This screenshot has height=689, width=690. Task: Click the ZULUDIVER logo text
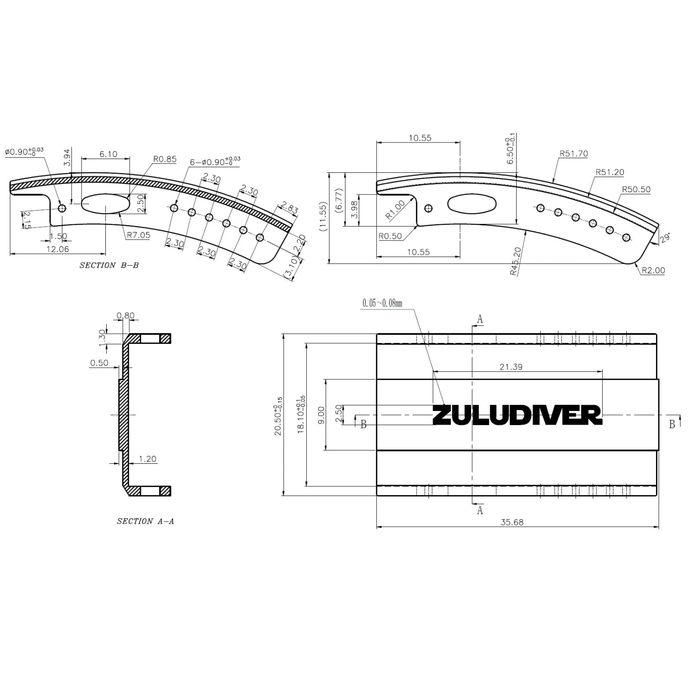[517, 415]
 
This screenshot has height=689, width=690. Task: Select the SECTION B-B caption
[109, 265]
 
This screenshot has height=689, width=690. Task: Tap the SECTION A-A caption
[145, 521]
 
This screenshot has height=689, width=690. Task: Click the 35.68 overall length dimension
[512, 522]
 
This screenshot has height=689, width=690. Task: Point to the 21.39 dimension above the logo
[511, 367]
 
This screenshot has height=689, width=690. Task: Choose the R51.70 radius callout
[574, 154]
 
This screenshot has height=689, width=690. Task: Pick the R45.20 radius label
[516, 261]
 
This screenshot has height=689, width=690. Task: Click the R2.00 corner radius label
[653, 270]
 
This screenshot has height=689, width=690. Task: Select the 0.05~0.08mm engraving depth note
[382, 303]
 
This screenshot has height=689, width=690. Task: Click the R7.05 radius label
[138, 235]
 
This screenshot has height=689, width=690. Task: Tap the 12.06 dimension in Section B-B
[58, 249]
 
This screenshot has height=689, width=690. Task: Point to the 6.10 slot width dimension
[108, 154]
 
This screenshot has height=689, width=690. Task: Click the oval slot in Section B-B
[105, 203]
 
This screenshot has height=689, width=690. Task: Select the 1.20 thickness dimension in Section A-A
[147, 459]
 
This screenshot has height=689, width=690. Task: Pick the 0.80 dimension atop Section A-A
[125, 316]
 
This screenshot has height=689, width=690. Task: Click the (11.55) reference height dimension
[323, 216]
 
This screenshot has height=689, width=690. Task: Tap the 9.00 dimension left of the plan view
[321, 415]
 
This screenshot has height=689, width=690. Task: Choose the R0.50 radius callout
[390, 236]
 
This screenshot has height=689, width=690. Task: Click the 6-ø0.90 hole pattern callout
[214, 162]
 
